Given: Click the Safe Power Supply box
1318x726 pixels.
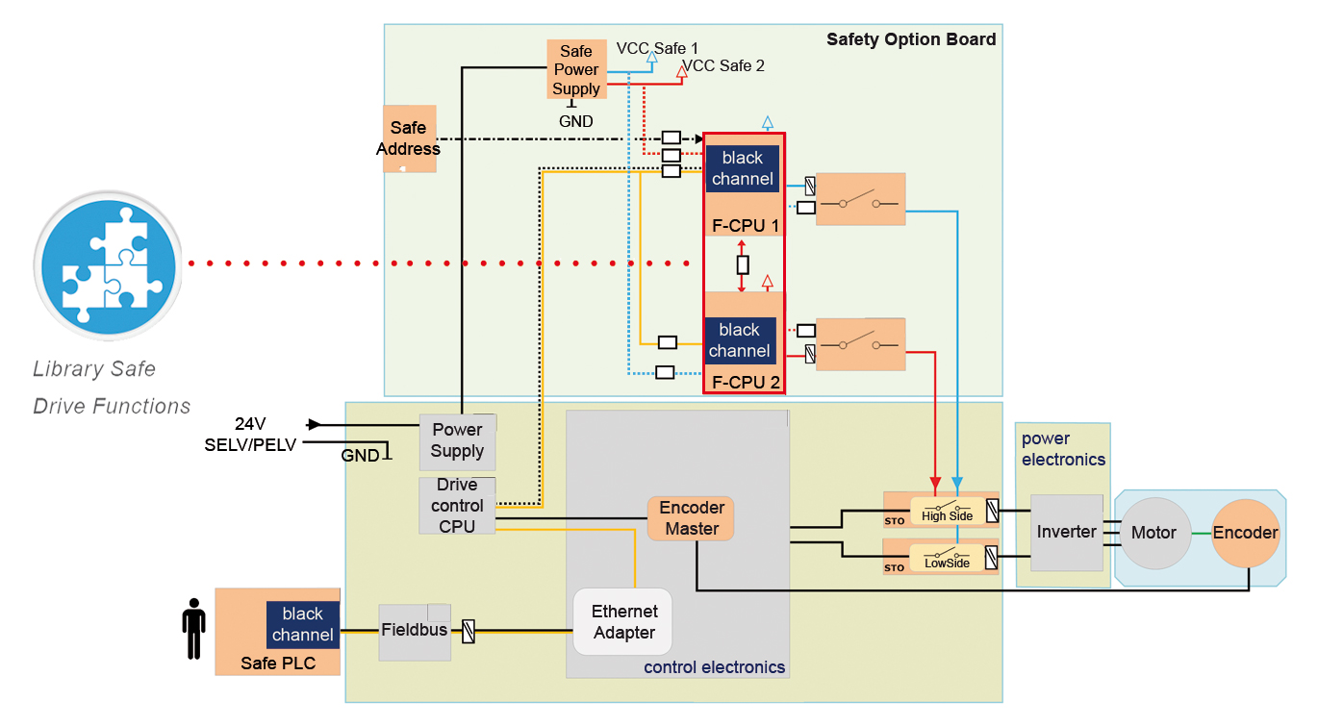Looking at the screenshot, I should coord(576,68).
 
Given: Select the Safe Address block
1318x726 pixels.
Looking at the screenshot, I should coord(409,138).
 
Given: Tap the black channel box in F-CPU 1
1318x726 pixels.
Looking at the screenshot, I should coord(742,168).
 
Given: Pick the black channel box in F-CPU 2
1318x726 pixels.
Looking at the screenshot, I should coord(739,340).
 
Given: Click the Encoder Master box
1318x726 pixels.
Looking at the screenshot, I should coord(691,517).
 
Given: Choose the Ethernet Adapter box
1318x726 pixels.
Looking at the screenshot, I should coord(623,621).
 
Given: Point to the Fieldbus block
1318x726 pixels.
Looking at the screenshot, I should coord(414,632).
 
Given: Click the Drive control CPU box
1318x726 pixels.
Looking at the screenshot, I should coord(457,506).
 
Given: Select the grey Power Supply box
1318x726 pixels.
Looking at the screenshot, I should coord(457,440).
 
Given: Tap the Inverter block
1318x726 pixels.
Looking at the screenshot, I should coord(1066,532).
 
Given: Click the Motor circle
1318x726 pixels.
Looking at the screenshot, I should coord(1153,533).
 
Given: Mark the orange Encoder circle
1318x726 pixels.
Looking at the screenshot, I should coord(1245,533).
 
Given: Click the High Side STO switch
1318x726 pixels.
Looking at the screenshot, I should coord(947,510).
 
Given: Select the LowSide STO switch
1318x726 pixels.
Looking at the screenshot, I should coord(947,558).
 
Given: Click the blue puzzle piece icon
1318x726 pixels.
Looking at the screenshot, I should coord(106,264).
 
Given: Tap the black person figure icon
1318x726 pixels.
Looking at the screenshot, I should coord(194,629).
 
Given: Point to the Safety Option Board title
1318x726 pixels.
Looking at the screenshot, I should coord(911,39).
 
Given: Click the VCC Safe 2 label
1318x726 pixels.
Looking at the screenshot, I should coord(722,65).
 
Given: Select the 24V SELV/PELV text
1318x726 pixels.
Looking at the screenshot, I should coord(250,434).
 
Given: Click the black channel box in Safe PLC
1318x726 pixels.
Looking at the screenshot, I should coord(302,624).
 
